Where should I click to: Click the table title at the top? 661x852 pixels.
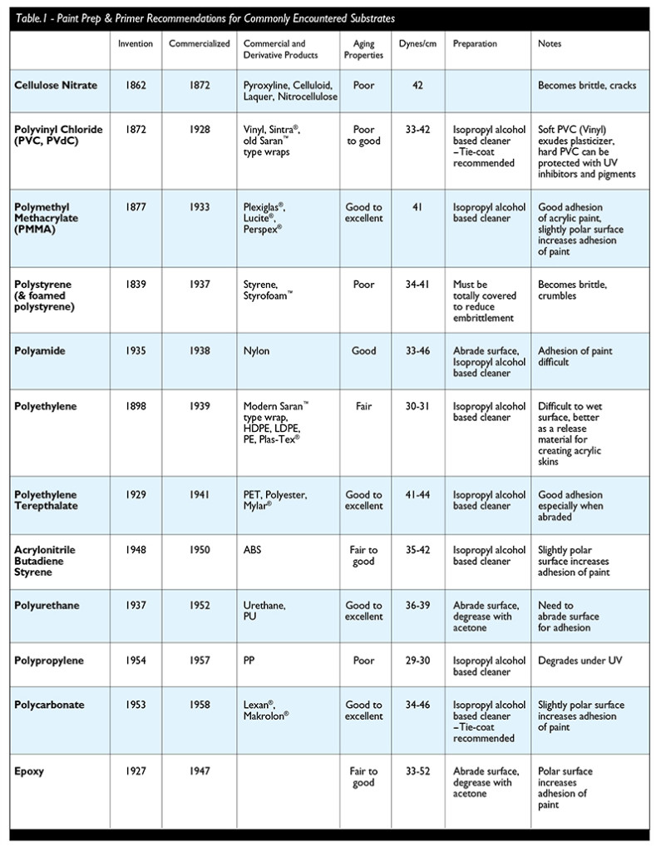pos(204,17)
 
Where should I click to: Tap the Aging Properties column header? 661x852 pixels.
pos(363,49)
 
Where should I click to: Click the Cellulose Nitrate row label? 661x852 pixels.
pos(56,86)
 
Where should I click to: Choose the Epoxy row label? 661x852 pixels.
pos(31,771)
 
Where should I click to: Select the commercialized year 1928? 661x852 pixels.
pos(199,130)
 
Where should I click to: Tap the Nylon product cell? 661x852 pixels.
pos(257,351)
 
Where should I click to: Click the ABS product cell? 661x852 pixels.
pos(254,550)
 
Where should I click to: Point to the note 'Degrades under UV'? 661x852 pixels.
pos(580,661)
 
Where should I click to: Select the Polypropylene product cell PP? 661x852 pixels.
pos(250,661)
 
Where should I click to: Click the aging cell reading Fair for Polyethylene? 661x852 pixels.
pos(363,407)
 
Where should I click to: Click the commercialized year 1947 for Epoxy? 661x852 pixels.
pos(199,771)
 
